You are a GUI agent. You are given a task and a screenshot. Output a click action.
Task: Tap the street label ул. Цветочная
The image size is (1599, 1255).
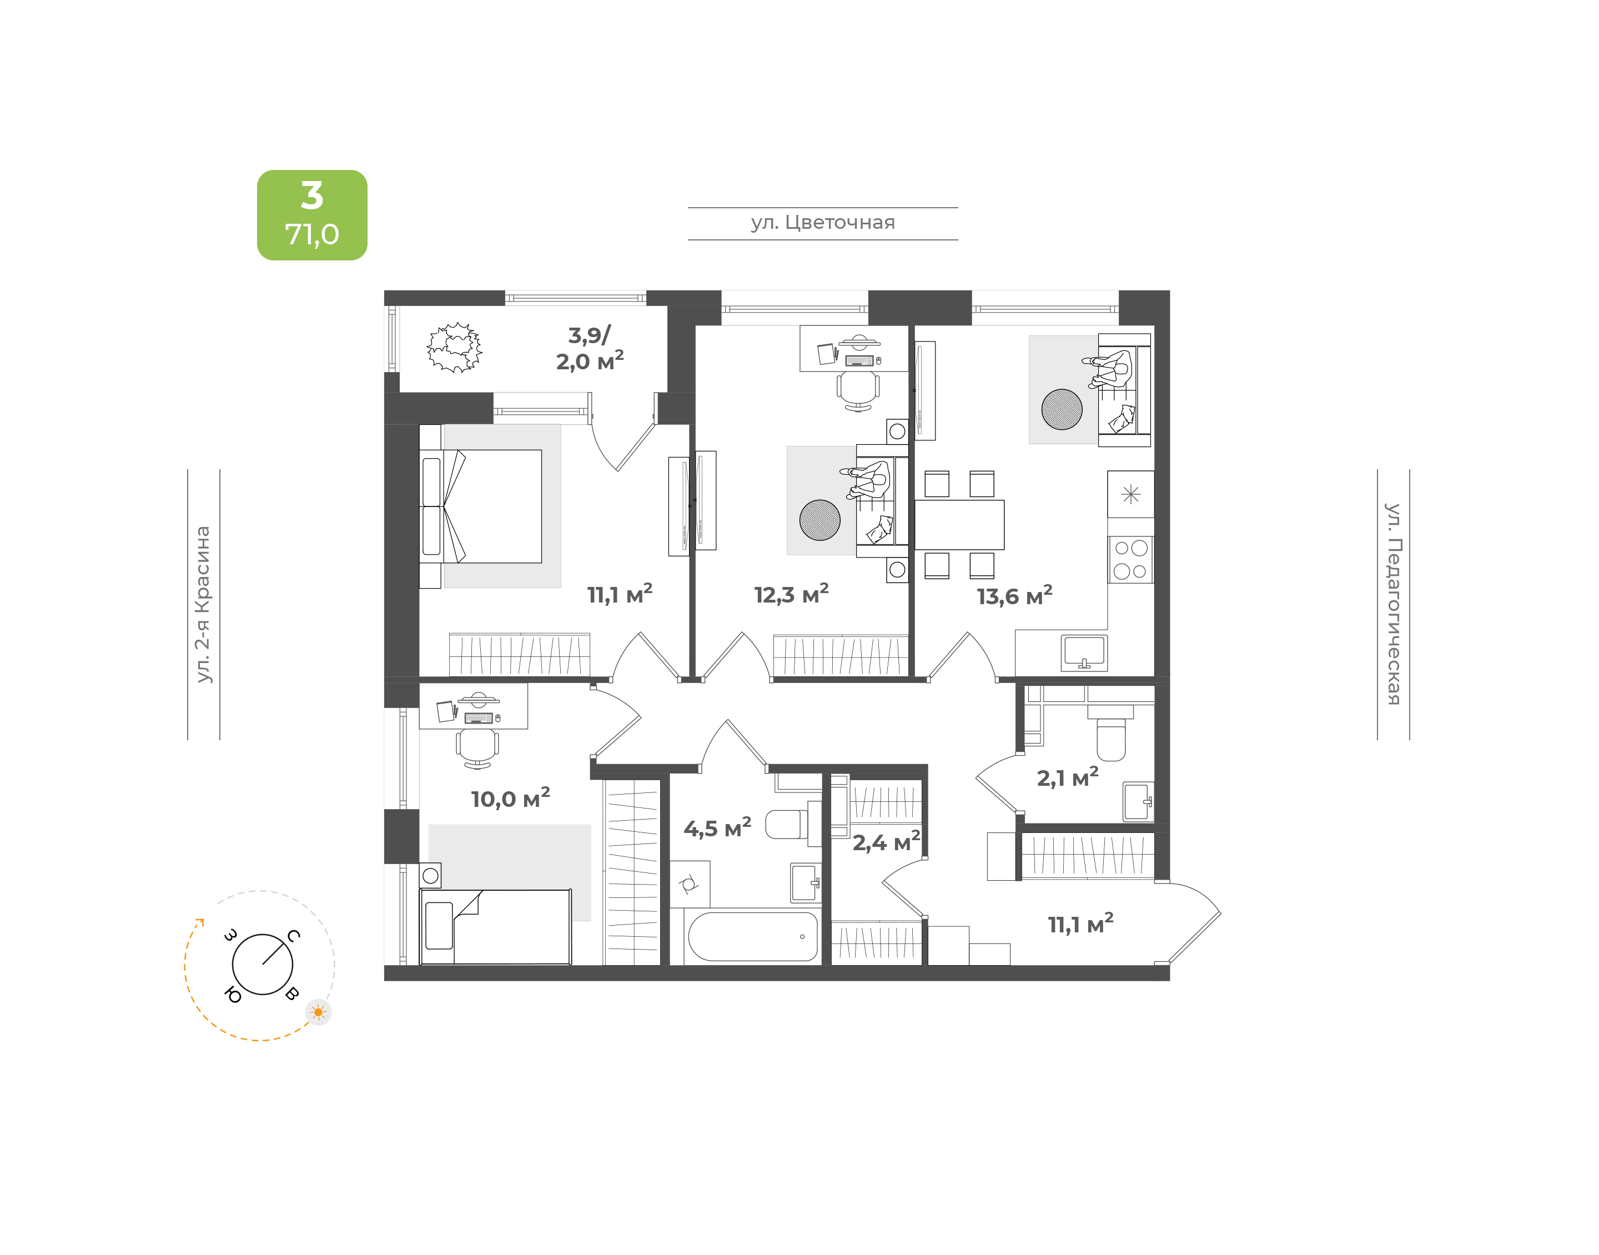pos(823,223)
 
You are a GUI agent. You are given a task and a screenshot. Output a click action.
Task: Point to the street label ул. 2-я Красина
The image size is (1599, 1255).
pos(203,604)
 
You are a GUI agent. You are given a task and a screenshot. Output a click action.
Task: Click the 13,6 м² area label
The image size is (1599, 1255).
pos(1014,595)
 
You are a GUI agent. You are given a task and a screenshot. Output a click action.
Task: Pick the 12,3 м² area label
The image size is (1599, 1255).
pos(791,594)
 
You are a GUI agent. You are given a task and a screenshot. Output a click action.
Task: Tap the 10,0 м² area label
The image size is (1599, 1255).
pos(510,798)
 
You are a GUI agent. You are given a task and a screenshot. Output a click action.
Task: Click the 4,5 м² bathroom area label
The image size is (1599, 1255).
pos(717,827)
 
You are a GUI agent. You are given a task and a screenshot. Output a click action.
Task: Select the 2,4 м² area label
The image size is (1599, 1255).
pos(886,841)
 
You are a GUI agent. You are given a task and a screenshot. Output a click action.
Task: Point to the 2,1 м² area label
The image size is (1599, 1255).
pos(1067,777)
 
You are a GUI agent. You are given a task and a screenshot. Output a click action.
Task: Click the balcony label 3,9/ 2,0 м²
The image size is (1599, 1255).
pos(590,348)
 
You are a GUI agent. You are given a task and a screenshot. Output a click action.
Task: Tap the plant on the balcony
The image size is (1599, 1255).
pos(455,348)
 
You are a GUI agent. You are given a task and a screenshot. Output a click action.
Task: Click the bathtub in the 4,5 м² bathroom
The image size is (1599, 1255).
pos(753,936)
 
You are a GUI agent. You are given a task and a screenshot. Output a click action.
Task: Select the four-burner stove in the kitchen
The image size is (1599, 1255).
pos(1130,559)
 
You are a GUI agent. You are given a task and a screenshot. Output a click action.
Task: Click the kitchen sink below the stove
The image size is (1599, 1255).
pos(1084,652)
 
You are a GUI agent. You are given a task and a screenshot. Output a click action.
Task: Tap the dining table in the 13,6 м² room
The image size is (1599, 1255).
pos(959,525)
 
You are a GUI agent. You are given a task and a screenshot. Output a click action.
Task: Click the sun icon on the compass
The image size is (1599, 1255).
pos(318,1012)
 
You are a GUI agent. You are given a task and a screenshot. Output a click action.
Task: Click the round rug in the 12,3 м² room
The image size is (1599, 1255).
pos(819,520)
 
